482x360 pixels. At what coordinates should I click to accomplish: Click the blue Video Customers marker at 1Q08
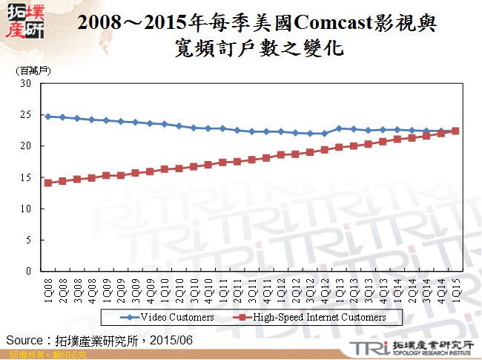[x=48, y=117]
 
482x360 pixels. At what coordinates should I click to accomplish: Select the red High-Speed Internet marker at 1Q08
[x=48, y=183]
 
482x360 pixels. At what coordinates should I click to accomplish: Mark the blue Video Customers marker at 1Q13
[x=339, y=128]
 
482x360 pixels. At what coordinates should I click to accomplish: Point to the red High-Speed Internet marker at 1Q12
[x=281, y=154]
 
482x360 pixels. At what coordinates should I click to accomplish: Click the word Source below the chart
[x=26, y=340]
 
